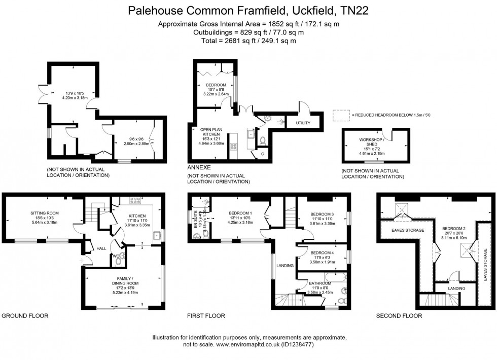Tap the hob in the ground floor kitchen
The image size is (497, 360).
(x=135, y=200)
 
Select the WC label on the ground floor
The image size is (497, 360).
(x=116, y=256)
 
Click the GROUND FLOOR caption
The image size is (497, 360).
(x=25, y=315)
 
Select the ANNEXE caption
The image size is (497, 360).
(x=199, y=167)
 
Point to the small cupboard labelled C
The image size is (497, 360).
(x=263, y=153)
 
